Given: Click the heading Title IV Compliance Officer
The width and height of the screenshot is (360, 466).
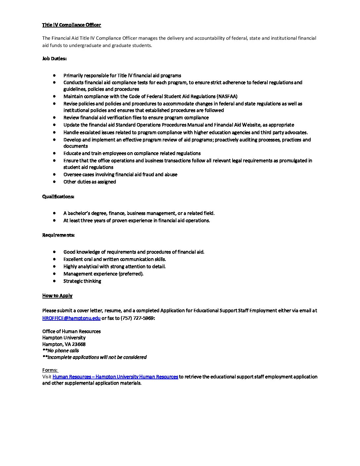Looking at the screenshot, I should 71,25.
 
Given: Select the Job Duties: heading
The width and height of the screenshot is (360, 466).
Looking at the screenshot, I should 54,59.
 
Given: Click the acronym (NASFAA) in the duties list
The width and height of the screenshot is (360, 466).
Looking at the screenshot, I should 227,96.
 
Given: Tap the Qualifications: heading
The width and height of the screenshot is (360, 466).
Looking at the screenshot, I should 58,197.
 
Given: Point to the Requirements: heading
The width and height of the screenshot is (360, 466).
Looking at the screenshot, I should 58,235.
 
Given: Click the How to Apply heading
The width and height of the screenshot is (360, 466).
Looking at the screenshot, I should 57,296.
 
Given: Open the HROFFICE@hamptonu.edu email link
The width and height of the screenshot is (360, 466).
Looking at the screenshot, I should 71,318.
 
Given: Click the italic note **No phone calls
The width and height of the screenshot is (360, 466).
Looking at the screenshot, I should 61,350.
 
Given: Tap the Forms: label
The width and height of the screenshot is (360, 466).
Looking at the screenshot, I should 50,370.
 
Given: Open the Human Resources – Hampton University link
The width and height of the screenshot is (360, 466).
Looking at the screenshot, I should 115,377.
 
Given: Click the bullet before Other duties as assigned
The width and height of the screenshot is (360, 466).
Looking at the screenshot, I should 54,182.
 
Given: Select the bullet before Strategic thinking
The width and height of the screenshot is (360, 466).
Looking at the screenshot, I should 54,281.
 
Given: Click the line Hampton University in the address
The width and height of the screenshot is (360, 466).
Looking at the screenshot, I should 64,338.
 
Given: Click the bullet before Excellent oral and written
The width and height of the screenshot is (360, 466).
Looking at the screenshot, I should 54,259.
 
